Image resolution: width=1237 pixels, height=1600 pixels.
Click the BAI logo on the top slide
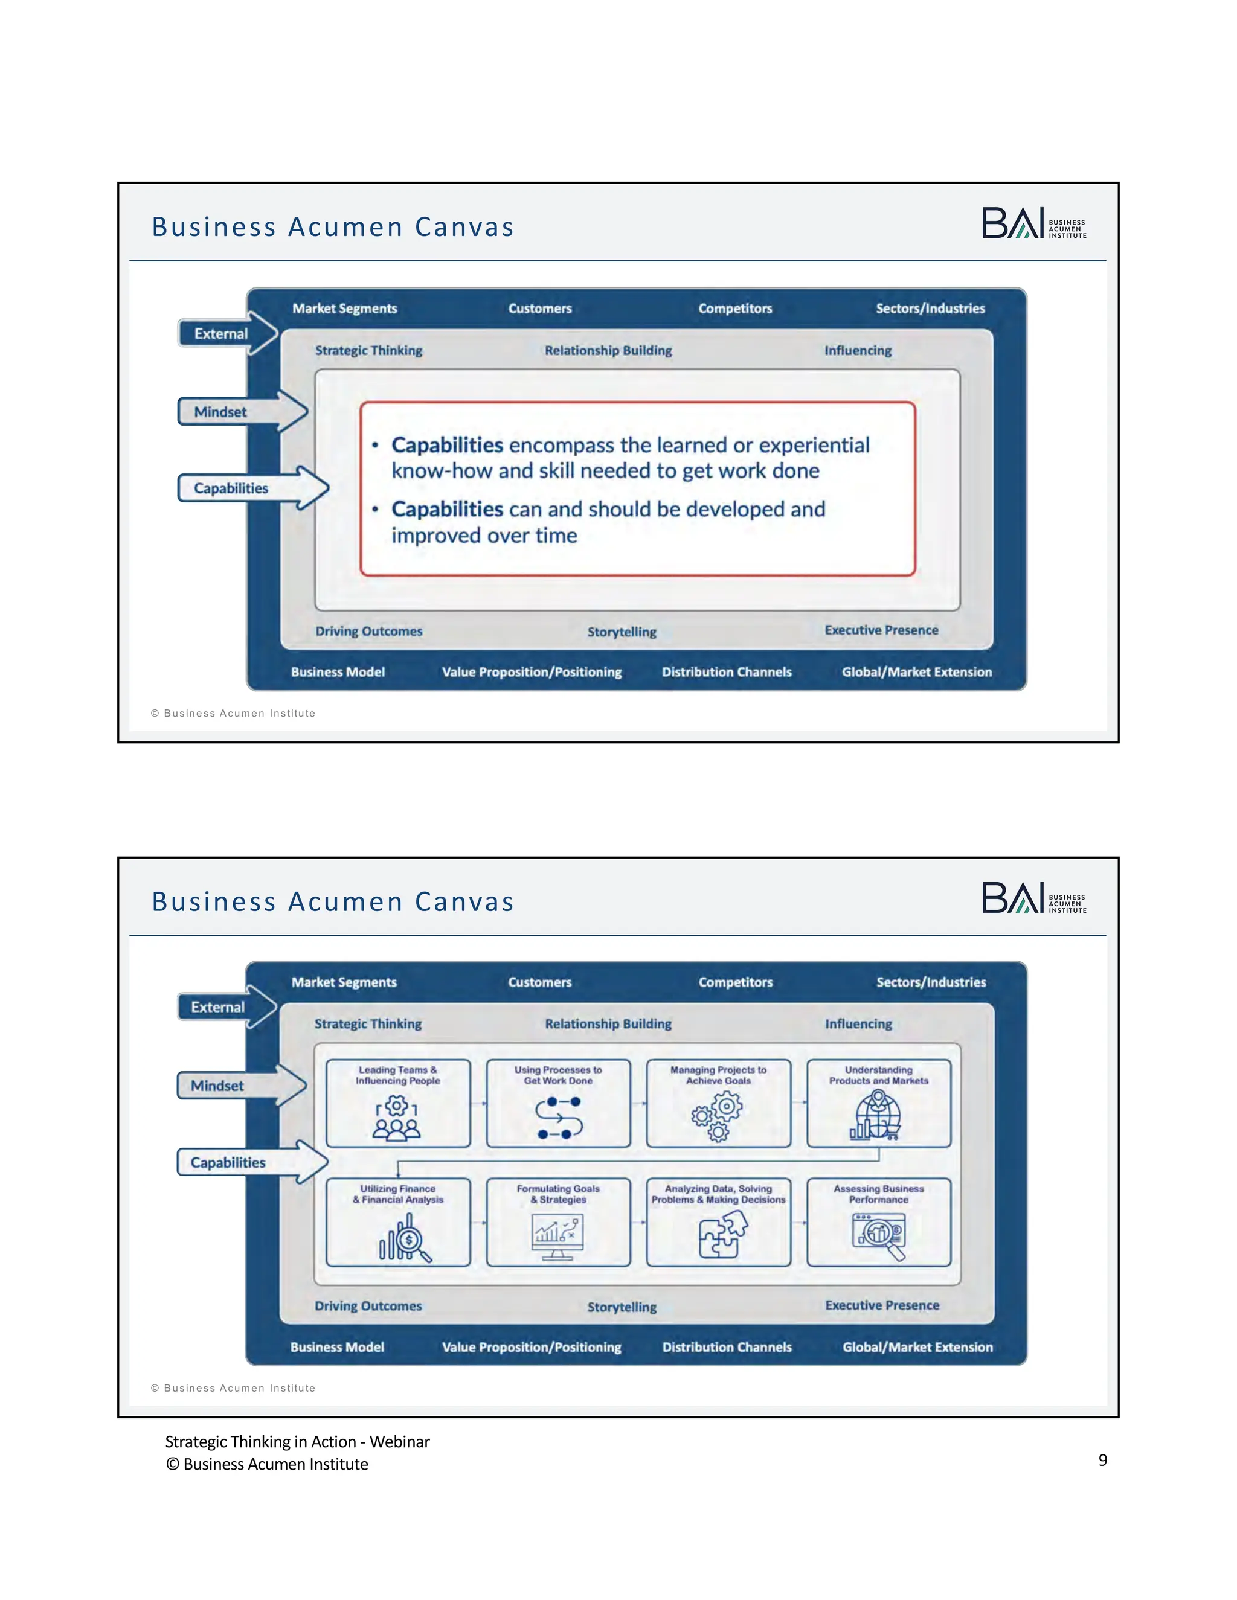point(1033,223)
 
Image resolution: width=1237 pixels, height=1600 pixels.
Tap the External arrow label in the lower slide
point(219,1007)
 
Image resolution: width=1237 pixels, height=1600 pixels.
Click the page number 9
point(1102,1460)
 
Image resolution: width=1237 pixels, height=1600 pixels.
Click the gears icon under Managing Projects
point(718,1116)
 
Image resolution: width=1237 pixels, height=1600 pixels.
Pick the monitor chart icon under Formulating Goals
point(557,1237)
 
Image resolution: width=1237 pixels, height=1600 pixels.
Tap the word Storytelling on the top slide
point(622,632)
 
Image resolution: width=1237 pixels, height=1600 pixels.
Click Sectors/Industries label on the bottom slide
point(931,982)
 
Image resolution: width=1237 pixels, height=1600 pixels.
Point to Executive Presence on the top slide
point(881,630)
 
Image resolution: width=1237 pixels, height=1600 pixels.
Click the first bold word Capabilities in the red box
point(447,445)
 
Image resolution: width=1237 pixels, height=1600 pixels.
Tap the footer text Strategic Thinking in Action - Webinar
point(297,1442)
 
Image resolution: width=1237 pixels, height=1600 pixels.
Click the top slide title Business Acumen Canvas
point(333,227)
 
